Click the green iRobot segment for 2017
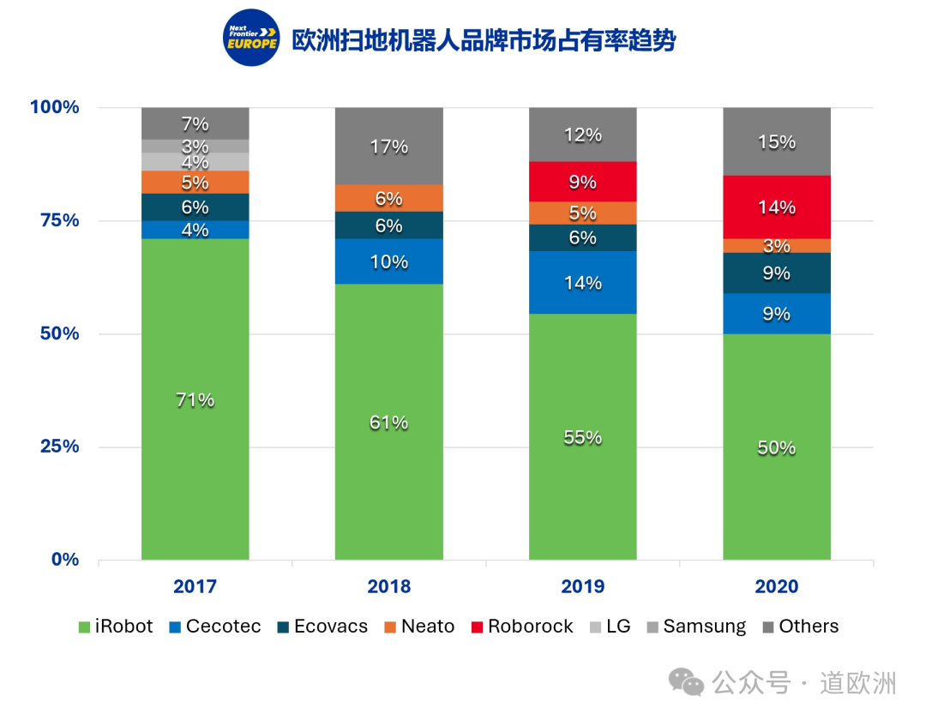coord(195,399)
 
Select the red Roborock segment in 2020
coord(777,207)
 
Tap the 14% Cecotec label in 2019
coord(583,283)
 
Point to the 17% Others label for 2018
coord(389,147)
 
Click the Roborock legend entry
coord(522,627)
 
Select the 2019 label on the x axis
coord(583,587)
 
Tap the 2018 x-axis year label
coord(389,587)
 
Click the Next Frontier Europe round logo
coord(251,39)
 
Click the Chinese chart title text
coord(484,40)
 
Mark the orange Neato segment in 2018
coord(389,198)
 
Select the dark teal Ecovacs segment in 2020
coord(777,273)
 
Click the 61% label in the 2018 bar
coord(389,423)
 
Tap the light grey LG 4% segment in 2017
coord(195,162)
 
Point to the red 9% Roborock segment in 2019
coord(583,182)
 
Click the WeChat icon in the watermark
coord(687,682)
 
